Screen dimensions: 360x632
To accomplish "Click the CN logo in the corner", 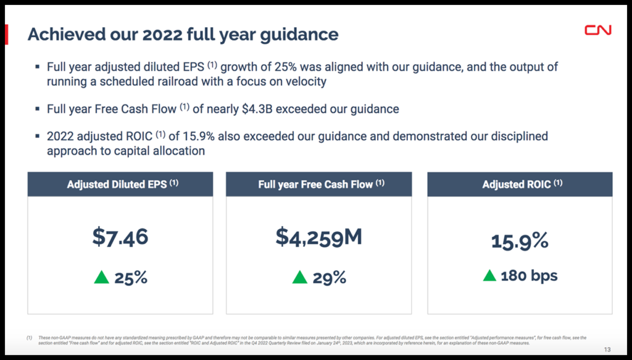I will (x=597, y=30).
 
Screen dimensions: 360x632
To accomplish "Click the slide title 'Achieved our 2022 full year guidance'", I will (x=183, y=34).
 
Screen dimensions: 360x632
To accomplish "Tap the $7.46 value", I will (x=120, y=237).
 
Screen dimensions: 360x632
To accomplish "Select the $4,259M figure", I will (x=318, y=237).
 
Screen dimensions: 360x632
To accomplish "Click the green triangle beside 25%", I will (x=101, y=278).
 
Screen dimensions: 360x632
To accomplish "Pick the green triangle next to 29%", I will (x=299, y=278).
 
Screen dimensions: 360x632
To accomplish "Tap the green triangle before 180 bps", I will (x=489, y=275).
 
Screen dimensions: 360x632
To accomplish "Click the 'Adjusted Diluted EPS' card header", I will (x=120, y=184).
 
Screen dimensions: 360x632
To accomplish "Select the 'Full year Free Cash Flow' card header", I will (x=318, y=184).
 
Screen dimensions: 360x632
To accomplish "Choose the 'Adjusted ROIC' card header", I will (x=520, y=184).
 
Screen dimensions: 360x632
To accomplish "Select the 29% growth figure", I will (x=329, y=278).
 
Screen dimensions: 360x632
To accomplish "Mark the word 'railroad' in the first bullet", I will (x=188, y=82).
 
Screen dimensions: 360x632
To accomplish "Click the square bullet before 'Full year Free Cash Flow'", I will (x=38, y=109).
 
